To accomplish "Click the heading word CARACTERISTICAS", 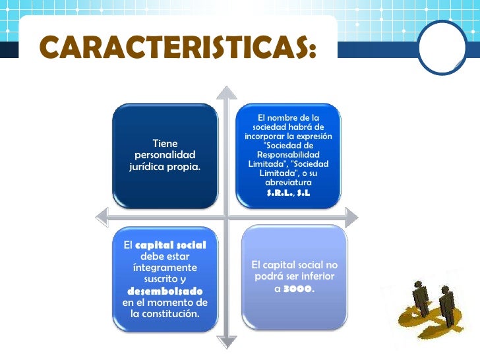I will tap(176, 47).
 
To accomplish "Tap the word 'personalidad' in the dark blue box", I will tap(165, 154).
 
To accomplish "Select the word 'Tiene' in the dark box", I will tap(165, 142).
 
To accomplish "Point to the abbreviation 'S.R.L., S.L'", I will tap(288, 193).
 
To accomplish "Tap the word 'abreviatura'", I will tap(288, 182).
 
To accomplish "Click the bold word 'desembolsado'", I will tap(165, 291).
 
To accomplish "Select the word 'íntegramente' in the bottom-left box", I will tap(165, 268).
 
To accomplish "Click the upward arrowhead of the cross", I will tap(227, 92).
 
